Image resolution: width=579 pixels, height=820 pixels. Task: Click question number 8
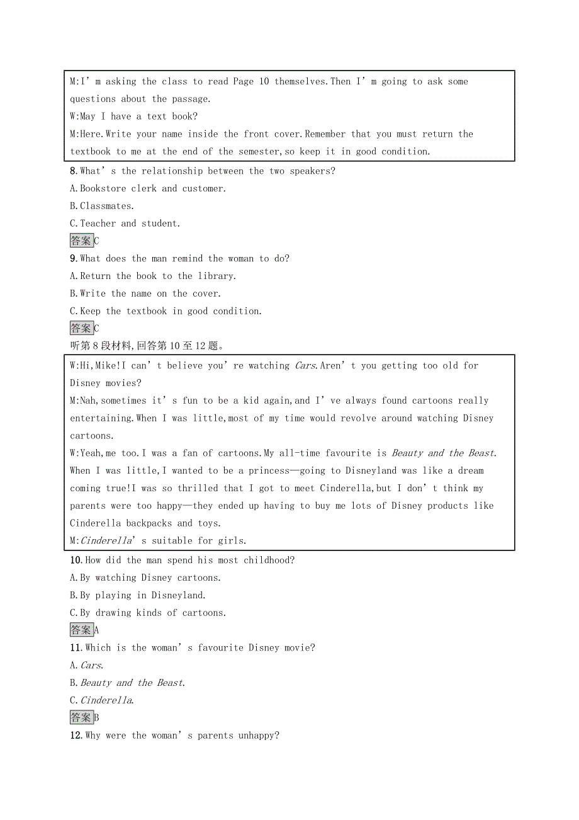73,171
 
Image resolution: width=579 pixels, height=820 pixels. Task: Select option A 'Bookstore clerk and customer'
148,189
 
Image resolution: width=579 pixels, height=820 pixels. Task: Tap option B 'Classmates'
102,206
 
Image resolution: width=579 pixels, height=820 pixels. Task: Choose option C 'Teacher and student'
125,224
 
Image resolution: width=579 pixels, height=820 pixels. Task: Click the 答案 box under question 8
81,241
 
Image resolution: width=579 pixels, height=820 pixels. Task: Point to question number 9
73,259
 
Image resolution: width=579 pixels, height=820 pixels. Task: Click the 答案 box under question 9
81,328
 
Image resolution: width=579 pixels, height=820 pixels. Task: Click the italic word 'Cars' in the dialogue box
305,366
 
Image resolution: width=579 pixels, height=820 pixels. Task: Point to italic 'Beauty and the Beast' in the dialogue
443,453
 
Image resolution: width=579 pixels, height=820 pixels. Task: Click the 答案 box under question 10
81,630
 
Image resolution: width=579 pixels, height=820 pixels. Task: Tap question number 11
76,648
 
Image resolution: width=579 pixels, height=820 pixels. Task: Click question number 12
76,736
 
